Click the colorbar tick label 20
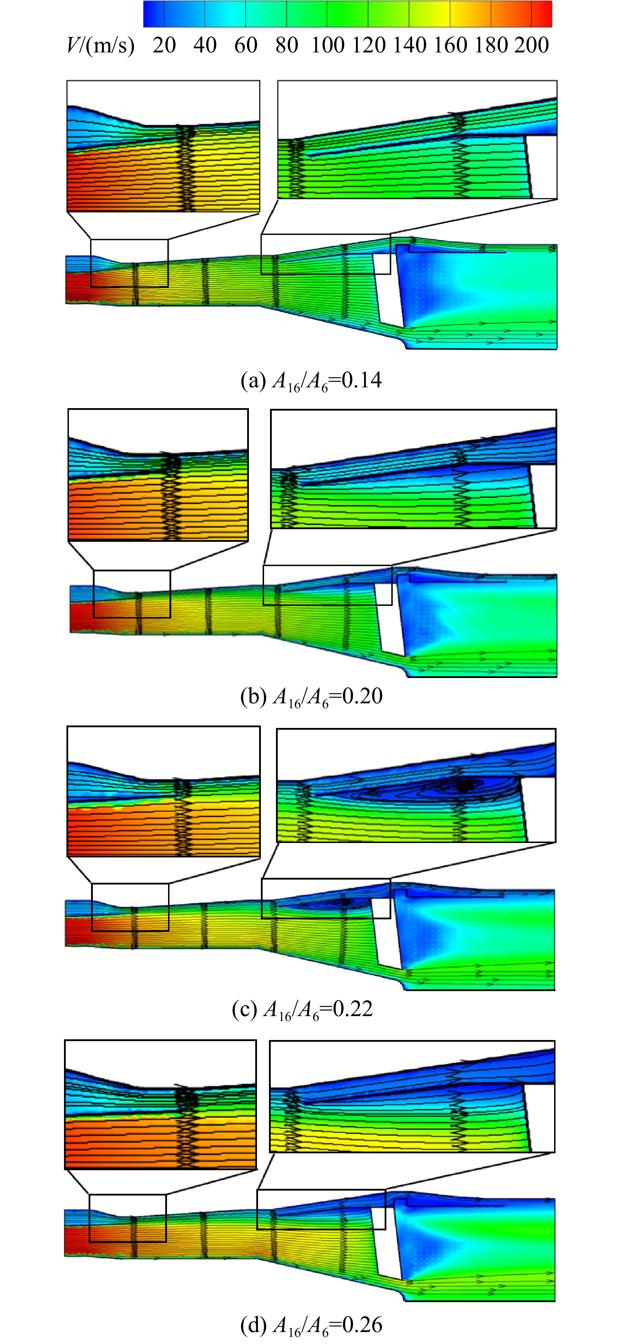(x=164, y=45)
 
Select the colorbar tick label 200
(x=532, y=45)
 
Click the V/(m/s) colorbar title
(x=101, y=46)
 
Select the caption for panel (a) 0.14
(x=311, y=380)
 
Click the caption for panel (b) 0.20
(x=311, y=697)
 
